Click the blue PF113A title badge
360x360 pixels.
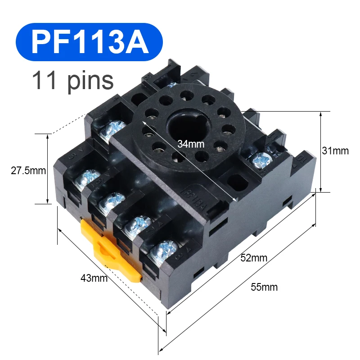(x=89, y=42)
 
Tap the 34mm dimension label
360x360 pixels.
(x=191, y=144)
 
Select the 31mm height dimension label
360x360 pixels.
(x=335, y=151)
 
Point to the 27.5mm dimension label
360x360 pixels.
(x=28, y=171)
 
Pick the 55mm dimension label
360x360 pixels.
(x=264, y=287)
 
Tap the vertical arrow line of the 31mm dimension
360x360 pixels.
(x=320, y=151)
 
